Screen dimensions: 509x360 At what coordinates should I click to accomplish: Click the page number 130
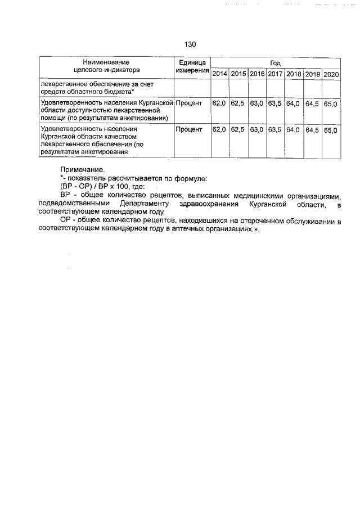point(190,44)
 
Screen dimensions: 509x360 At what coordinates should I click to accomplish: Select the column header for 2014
point(220,74)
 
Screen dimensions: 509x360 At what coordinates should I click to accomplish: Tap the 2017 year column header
point(275,74)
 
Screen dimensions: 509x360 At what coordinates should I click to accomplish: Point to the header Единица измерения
point(192,66)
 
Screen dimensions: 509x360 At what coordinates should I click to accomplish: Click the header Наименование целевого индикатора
point(106,66)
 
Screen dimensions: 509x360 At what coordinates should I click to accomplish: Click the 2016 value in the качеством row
point(257,130)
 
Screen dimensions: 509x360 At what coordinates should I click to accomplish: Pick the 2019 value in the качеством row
point(313,130)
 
